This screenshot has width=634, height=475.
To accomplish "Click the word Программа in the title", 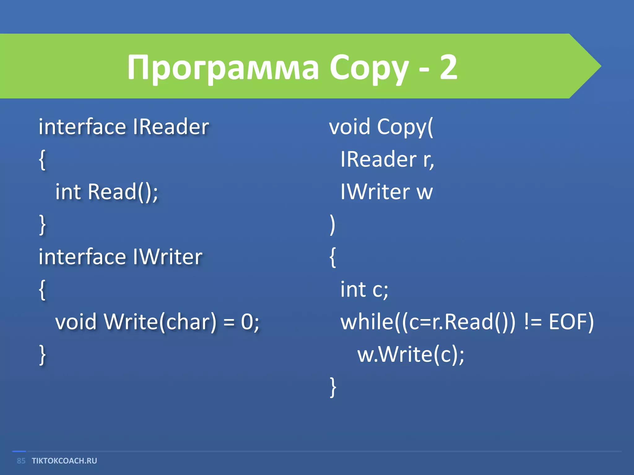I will click(223, 67).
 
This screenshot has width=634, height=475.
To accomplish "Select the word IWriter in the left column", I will click(167, 257).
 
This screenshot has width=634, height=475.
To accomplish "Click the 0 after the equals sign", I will click(247, 322).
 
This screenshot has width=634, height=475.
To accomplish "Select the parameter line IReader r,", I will click(387, 159).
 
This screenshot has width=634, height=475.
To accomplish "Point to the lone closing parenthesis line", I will click(332, 225).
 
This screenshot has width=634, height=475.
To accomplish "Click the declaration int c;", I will click(364, 289).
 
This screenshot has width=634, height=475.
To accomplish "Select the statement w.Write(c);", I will click(410, 354).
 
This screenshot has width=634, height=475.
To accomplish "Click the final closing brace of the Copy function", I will click(333, 387).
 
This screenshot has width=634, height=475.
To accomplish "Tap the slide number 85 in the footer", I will click(21, 461).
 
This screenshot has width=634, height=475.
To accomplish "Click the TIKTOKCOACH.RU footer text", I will click(64, 461).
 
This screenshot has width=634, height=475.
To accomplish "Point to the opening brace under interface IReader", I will click(42, 160).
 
